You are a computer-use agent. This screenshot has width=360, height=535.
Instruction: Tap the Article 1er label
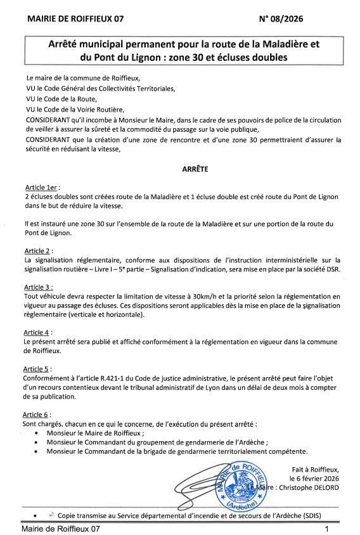41,188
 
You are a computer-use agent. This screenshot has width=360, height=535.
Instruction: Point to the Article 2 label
38,251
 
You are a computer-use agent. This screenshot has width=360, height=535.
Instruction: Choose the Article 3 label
38,287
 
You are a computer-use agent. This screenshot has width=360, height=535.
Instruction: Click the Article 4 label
38,332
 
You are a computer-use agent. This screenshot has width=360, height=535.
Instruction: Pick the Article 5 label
38,368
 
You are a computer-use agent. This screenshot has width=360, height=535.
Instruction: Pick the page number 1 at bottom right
326,529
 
